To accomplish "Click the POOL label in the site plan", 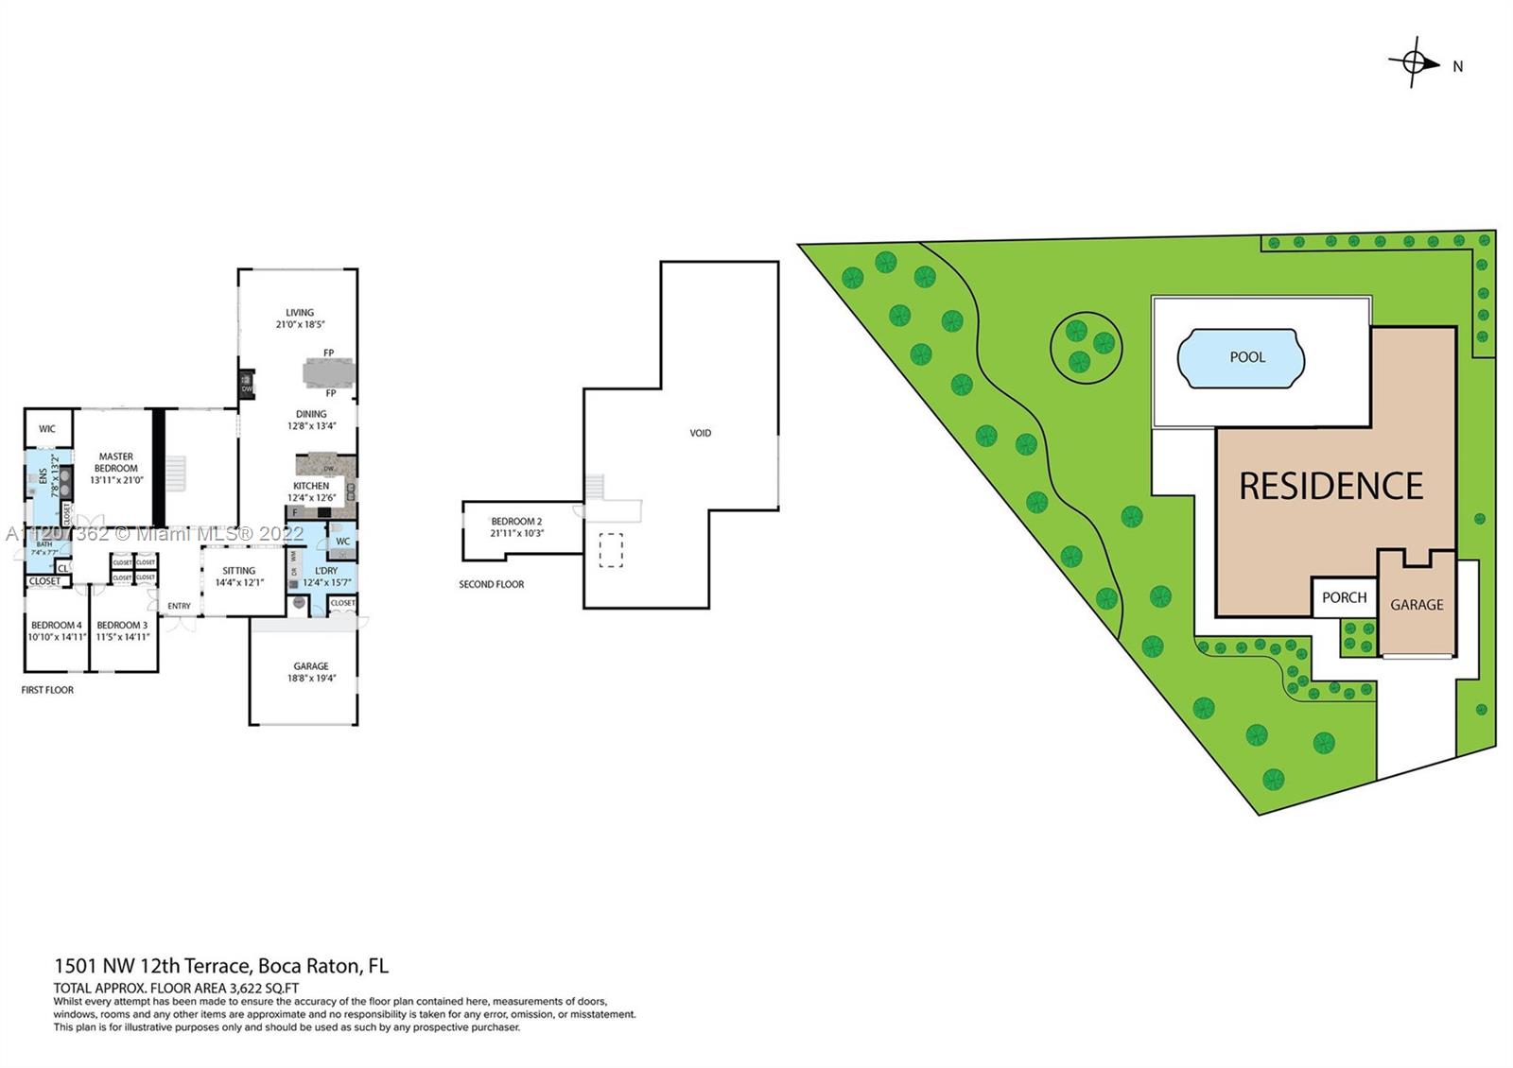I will (x=1246, y=357).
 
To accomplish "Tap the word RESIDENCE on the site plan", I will (x=1330, y=487).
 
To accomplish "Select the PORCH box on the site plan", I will (x=1344, y=597).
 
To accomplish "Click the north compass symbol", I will (x=1415, y=63).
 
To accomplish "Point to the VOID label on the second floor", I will (x=700, y=433).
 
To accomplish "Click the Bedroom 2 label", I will (x=516, y=522).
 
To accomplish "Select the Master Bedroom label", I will (x=116, y=462).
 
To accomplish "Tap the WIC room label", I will (x=47, y=429).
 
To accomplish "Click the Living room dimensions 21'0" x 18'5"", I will (x=300, y=324).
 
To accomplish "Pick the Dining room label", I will (x=311, y=414).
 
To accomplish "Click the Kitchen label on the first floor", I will (x=311, y=486).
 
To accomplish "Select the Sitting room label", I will (x=238, y=571).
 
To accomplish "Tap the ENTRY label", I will (x=179, y=606).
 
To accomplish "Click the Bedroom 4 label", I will (x=56, y=625).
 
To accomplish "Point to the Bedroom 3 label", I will (x=122, y=625).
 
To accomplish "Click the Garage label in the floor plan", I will (x=310, y=666).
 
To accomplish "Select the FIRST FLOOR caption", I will (x=47, y=690).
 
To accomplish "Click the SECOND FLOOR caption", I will (x=491, y=584).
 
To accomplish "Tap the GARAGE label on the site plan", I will (x=1416, y=605).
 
